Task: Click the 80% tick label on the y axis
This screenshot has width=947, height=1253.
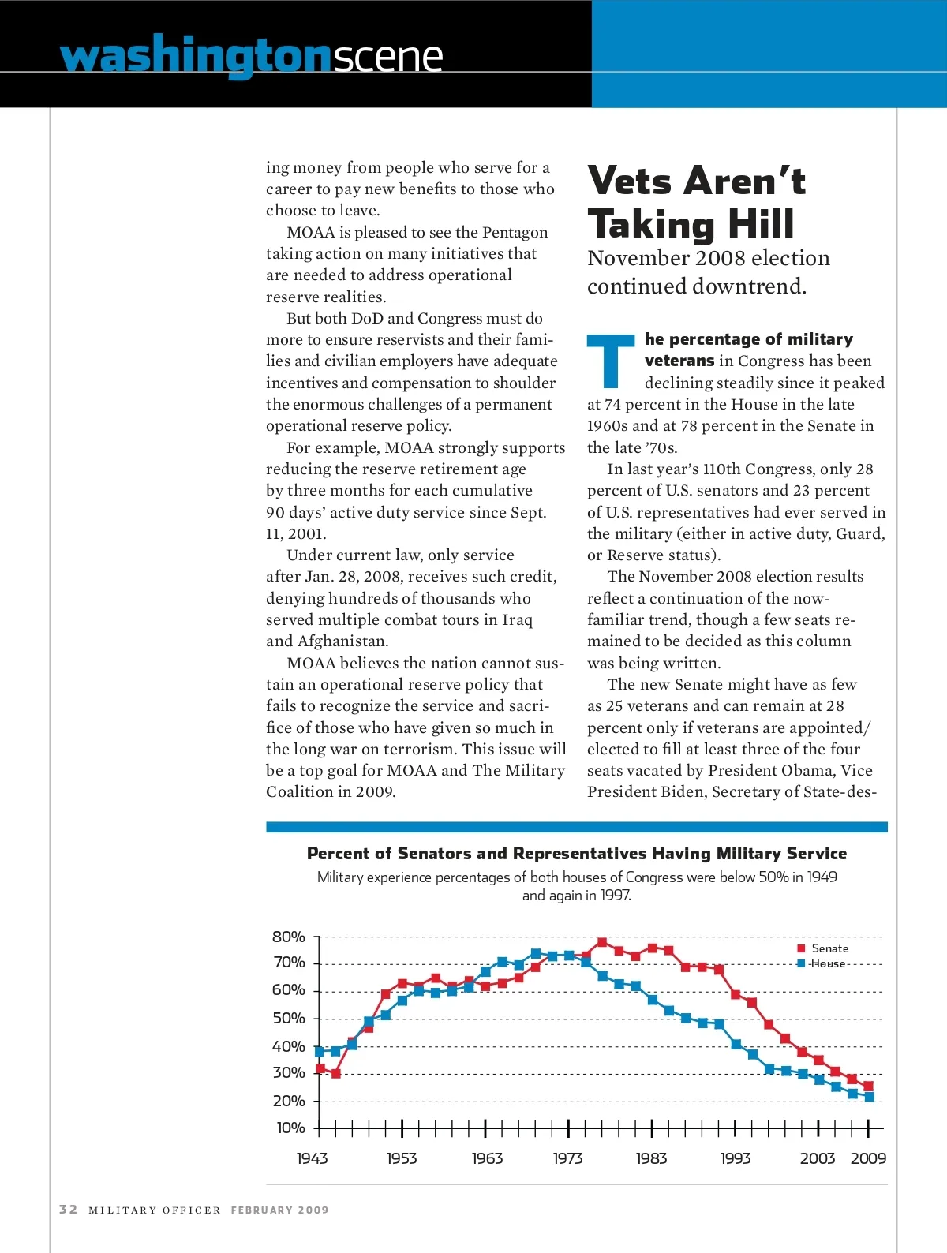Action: (288, 937)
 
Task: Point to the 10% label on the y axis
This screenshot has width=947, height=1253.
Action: (290, 1128)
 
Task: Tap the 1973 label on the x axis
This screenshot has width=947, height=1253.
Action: (567, 1158)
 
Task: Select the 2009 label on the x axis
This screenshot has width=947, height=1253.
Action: (868, 1158)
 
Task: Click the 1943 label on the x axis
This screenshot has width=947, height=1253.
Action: (312, 1158)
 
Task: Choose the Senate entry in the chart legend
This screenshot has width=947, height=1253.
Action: (829, 948)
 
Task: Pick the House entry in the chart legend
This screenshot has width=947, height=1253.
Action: (828, 963)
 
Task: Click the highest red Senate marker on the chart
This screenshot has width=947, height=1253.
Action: (602, 942)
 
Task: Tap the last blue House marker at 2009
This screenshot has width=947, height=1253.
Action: (869, 1097)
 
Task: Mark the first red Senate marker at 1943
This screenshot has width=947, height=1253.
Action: (320, 1068)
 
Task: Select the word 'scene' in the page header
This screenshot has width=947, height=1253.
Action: (387, 57)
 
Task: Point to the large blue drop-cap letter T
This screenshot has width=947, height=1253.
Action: (610, 361)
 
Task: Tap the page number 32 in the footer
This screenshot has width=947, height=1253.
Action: (69, 1209)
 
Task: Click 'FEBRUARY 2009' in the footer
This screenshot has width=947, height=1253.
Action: (279, 1210)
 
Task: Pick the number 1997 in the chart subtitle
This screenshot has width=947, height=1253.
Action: (615, 896)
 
